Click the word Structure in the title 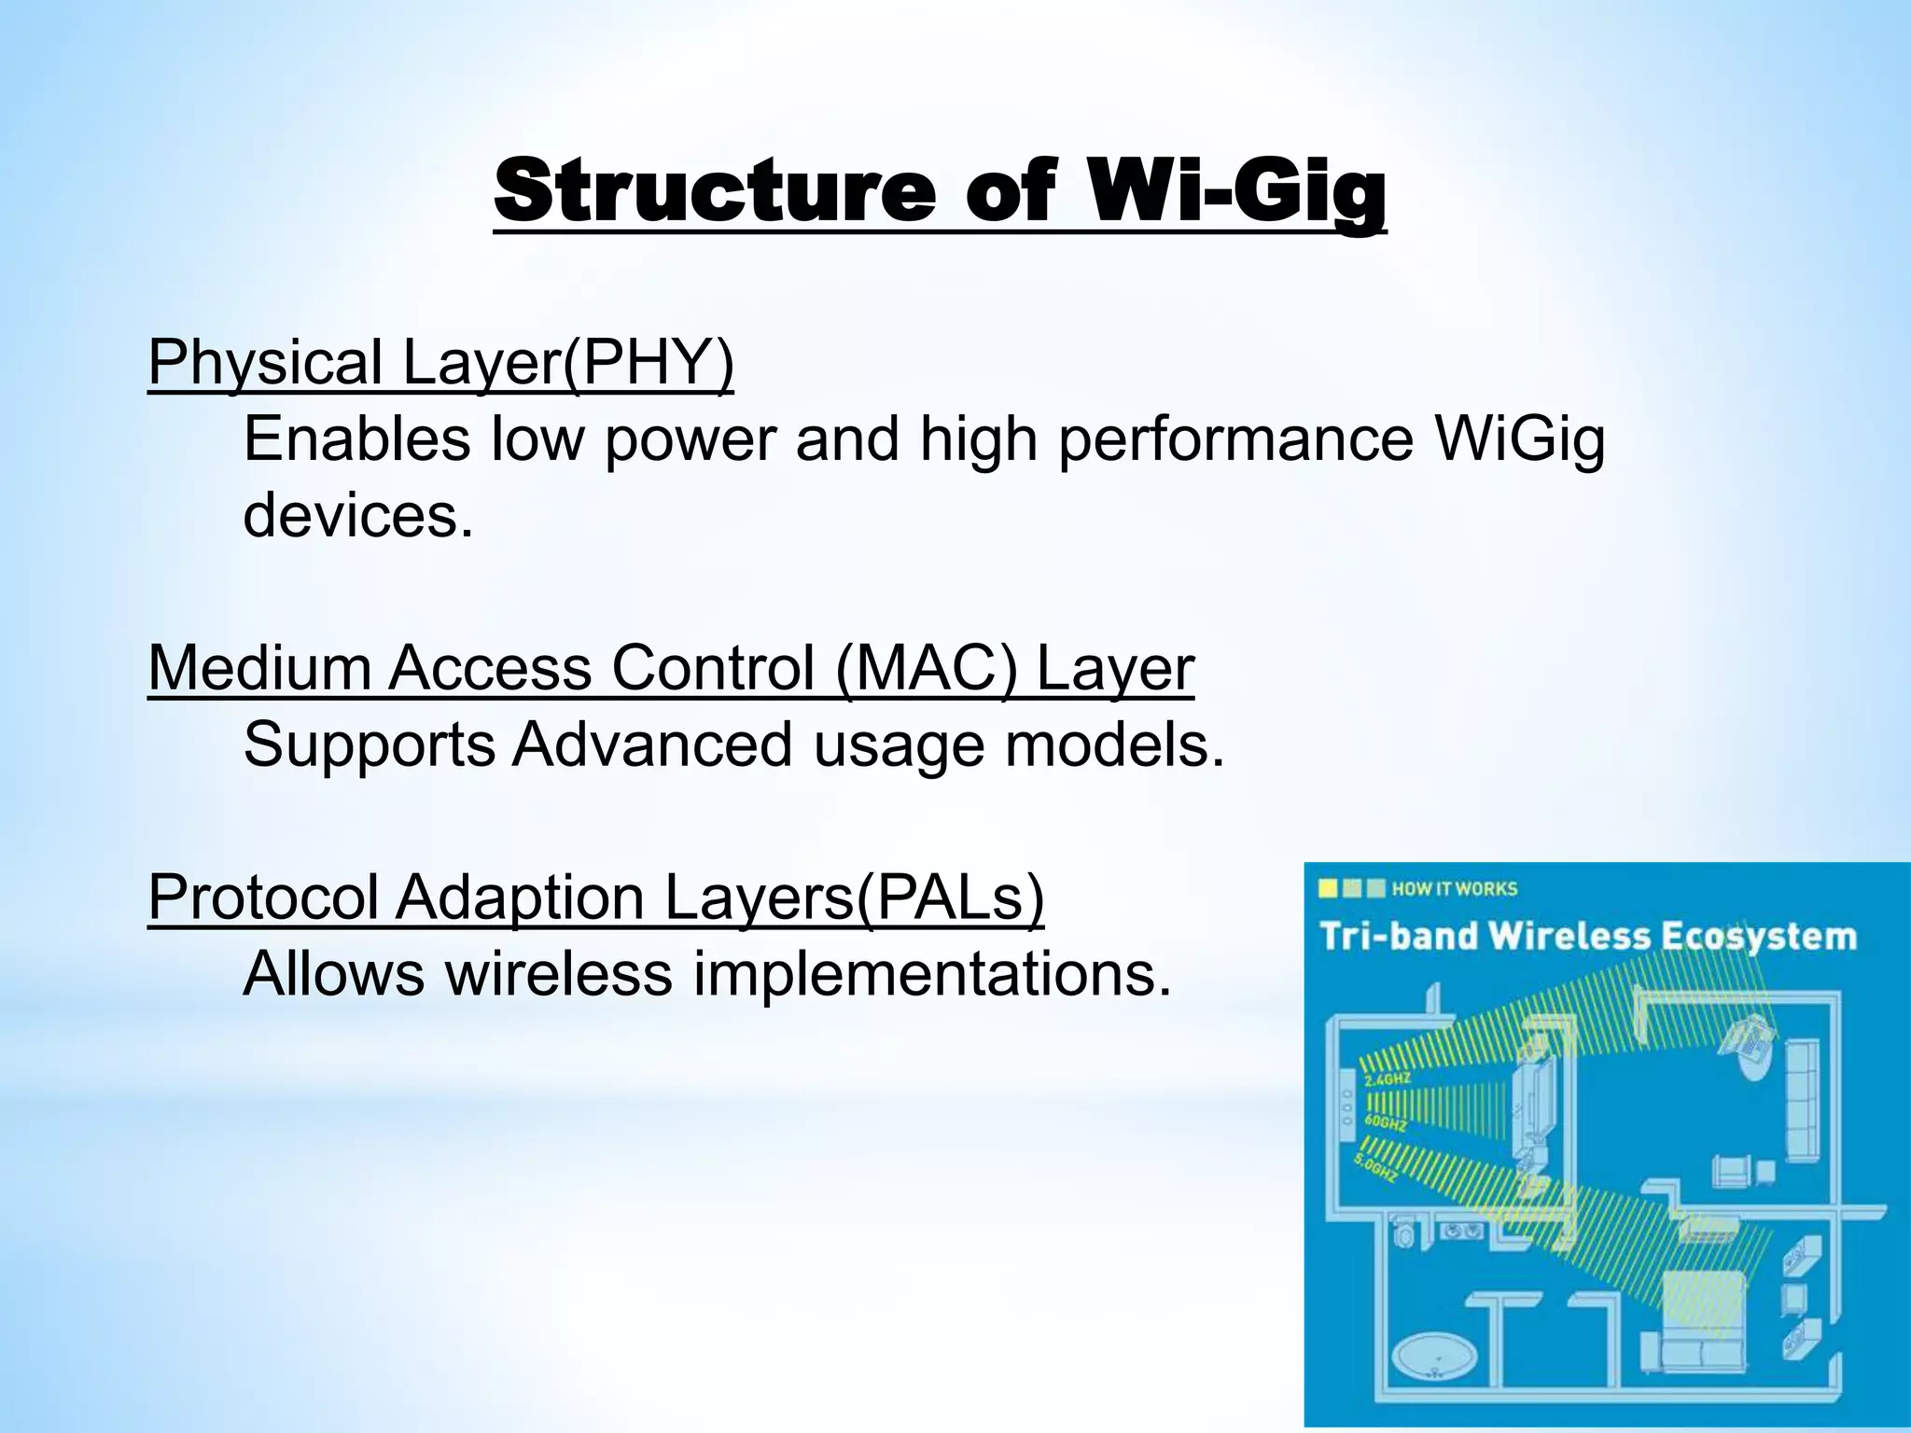click(x=714, y=192)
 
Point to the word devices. click(x=357, y=515)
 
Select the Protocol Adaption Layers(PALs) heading click(x=595, y=897)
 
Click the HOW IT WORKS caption click(x=1454, y=889)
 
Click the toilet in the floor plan click(x=1402, y=1237)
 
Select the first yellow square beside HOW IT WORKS click(x=1329, y=888)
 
